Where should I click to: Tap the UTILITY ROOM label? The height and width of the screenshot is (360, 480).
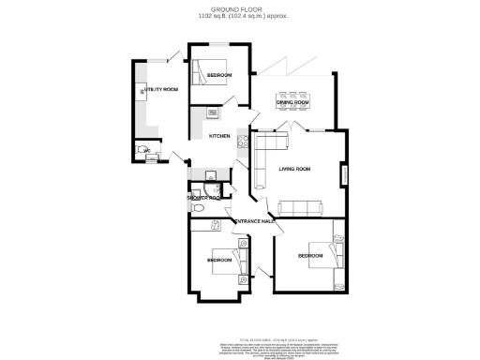pos(160,89)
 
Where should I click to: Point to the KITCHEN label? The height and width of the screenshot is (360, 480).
pos(219,136)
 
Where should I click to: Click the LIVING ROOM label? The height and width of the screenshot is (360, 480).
pos(295,170)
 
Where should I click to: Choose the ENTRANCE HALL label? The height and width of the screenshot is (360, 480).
pos(254,221)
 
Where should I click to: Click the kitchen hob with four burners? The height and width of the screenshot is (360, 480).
pos(243,143)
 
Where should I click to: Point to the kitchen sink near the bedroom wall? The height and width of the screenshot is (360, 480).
pos(213,113)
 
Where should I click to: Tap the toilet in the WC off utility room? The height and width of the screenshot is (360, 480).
pos(142,150)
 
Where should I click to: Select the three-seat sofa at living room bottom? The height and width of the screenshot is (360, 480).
pos(299,206)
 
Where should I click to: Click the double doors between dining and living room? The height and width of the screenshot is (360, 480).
pos(302,127)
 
